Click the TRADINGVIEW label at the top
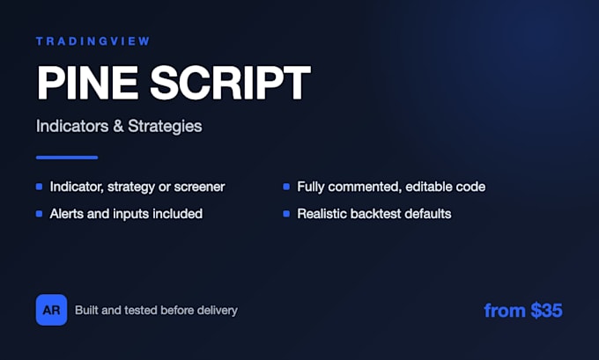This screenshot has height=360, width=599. (x=92, y=41)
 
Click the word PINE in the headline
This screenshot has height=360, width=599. (x=87, y=83)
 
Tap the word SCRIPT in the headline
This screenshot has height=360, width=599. (x=231, y=83)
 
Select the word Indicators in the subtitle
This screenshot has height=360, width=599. (x=72, y=126)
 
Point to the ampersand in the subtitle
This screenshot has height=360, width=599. (x=118, y=127)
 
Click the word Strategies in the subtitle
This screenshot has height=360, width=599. (x=165, y=127)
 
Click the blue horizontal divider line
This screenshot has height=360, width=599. (x=67, y=158)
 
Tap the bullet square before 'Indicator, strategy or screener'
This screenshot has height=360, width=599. (x=39, y=187)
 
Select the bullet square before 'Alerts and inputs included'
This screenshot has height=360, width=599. (x=39, y=213)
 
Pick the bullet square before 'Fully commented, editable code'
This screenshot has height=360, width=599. (x=286, y=187)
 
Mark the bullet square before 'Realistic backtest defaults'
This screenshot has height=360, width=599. (x=286, y=213)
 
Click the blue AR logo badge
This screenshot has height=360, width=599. (x=52, y=310)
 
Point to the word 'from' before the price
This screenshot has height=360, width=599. (x=505, y=311)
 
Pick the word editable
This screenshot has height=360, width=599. (x=427, y=187)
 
